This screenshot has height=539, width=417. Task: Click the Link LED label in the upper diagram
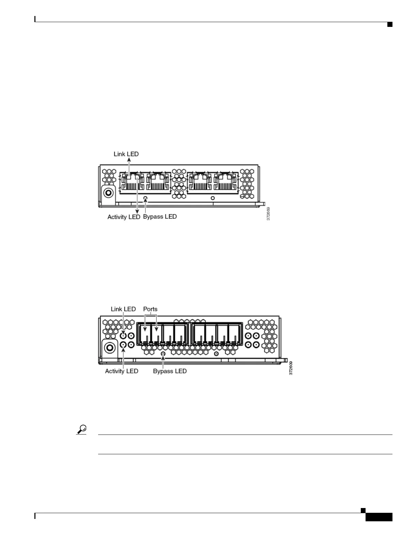(126, 154)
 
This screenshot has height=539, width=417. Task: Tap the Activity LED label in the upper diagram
(124, 217)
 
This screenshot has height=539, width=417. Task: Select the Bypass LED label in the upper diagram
(160, 216)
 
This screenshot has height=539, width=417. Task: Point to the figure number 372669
(268, 214)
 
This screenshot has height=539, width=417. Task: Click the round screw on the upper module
(109, 193)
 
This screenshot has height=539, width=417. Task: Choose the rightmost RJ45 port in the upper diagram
(226, 182)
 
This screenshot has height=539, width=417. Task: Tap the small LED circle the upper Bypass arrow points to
(146, 198)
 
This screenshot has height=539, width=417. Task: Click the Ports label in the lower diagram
(150, 309)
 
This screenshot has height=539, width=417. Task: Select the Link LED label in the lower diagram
(123, 309)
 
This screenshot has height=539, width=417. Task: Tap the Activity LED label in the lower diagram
(122, 371)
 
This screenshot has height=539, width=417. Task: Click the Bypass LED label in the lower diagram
(170, 371)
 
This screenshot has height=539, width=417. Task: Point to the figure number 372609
(291, 367)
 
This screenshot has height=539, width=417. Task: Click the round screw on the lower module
(110, 347)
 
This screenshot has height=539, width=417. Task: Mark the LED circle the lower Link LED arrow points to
(124, 336)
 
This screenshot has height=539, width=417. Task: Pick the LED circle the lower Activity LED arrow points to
(124, 345)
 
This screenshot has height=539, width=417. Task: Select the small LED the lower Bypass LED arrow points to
(163, 354)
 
